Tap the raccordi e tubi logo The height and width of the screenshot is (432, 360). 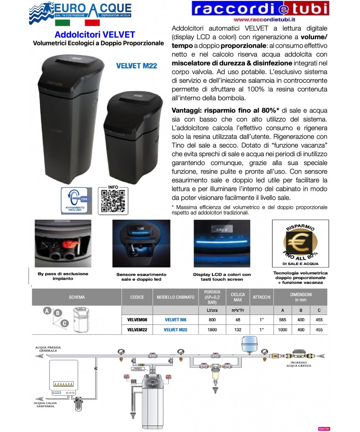[x=260, y=9]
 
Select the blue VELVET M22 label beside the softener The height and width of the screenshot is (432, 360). [x=136, y=66]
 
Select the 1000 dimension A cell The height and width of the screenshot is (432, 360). [x=283, y=329]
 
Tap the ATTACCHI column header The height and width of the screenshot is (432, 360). [x=261, y=297]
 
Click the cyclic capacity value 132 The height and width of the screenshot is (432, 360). [x=238, y=329]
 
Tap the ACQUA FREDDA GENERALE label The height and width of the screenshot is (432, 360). [x=50, y=350]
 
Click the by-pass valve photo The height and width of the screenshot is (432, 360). [x=63, y=245]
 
